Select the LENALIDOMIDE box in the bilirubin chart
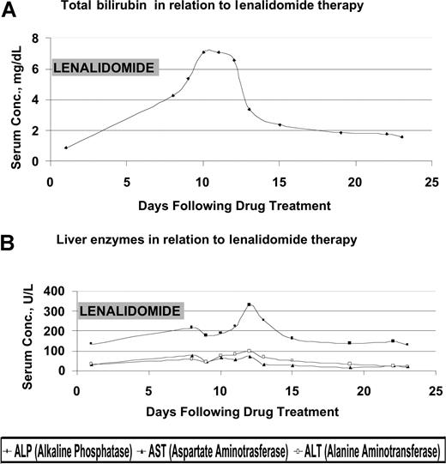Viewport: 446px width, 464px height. [x=104, y=68]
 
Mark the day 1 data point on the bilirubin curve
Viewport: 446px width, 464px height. [x=66, y=148]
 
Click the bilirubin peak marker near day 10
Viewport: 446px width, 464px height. [x=203, y=51]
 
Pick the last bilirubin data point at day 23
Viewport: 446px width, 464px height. [x=401, y=136]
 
